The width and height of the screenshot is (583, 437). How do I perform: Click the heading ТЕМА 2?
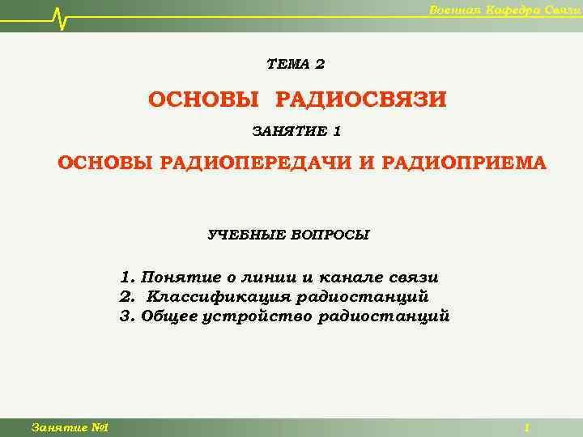[x=296, y=64]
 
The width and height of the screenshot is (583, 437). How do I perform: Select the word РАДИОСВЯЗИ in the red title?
[x=361, y=100]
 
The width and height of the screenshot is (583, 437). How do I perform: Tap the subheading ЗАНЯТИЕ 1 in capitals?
[x=296, y=130]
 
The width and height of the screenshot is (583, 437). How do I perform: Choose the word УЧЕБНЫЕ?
[x=245, y=235]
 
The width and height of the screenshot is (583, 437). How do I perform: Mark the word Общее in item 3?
[x=168, y=316]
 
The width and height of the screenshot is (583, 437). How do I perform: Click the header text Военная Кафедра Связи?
[x=503, y=9]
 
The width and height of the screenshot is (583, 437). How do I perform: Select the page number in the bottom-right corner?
[x=527, y=427]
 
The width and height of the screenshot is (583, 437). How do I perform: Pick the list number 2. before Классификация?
[x=126, y=297]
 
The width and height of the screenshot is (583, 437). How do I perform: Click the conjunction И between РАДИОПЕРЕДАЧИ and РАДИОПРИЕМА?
[x=366, y=163]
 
